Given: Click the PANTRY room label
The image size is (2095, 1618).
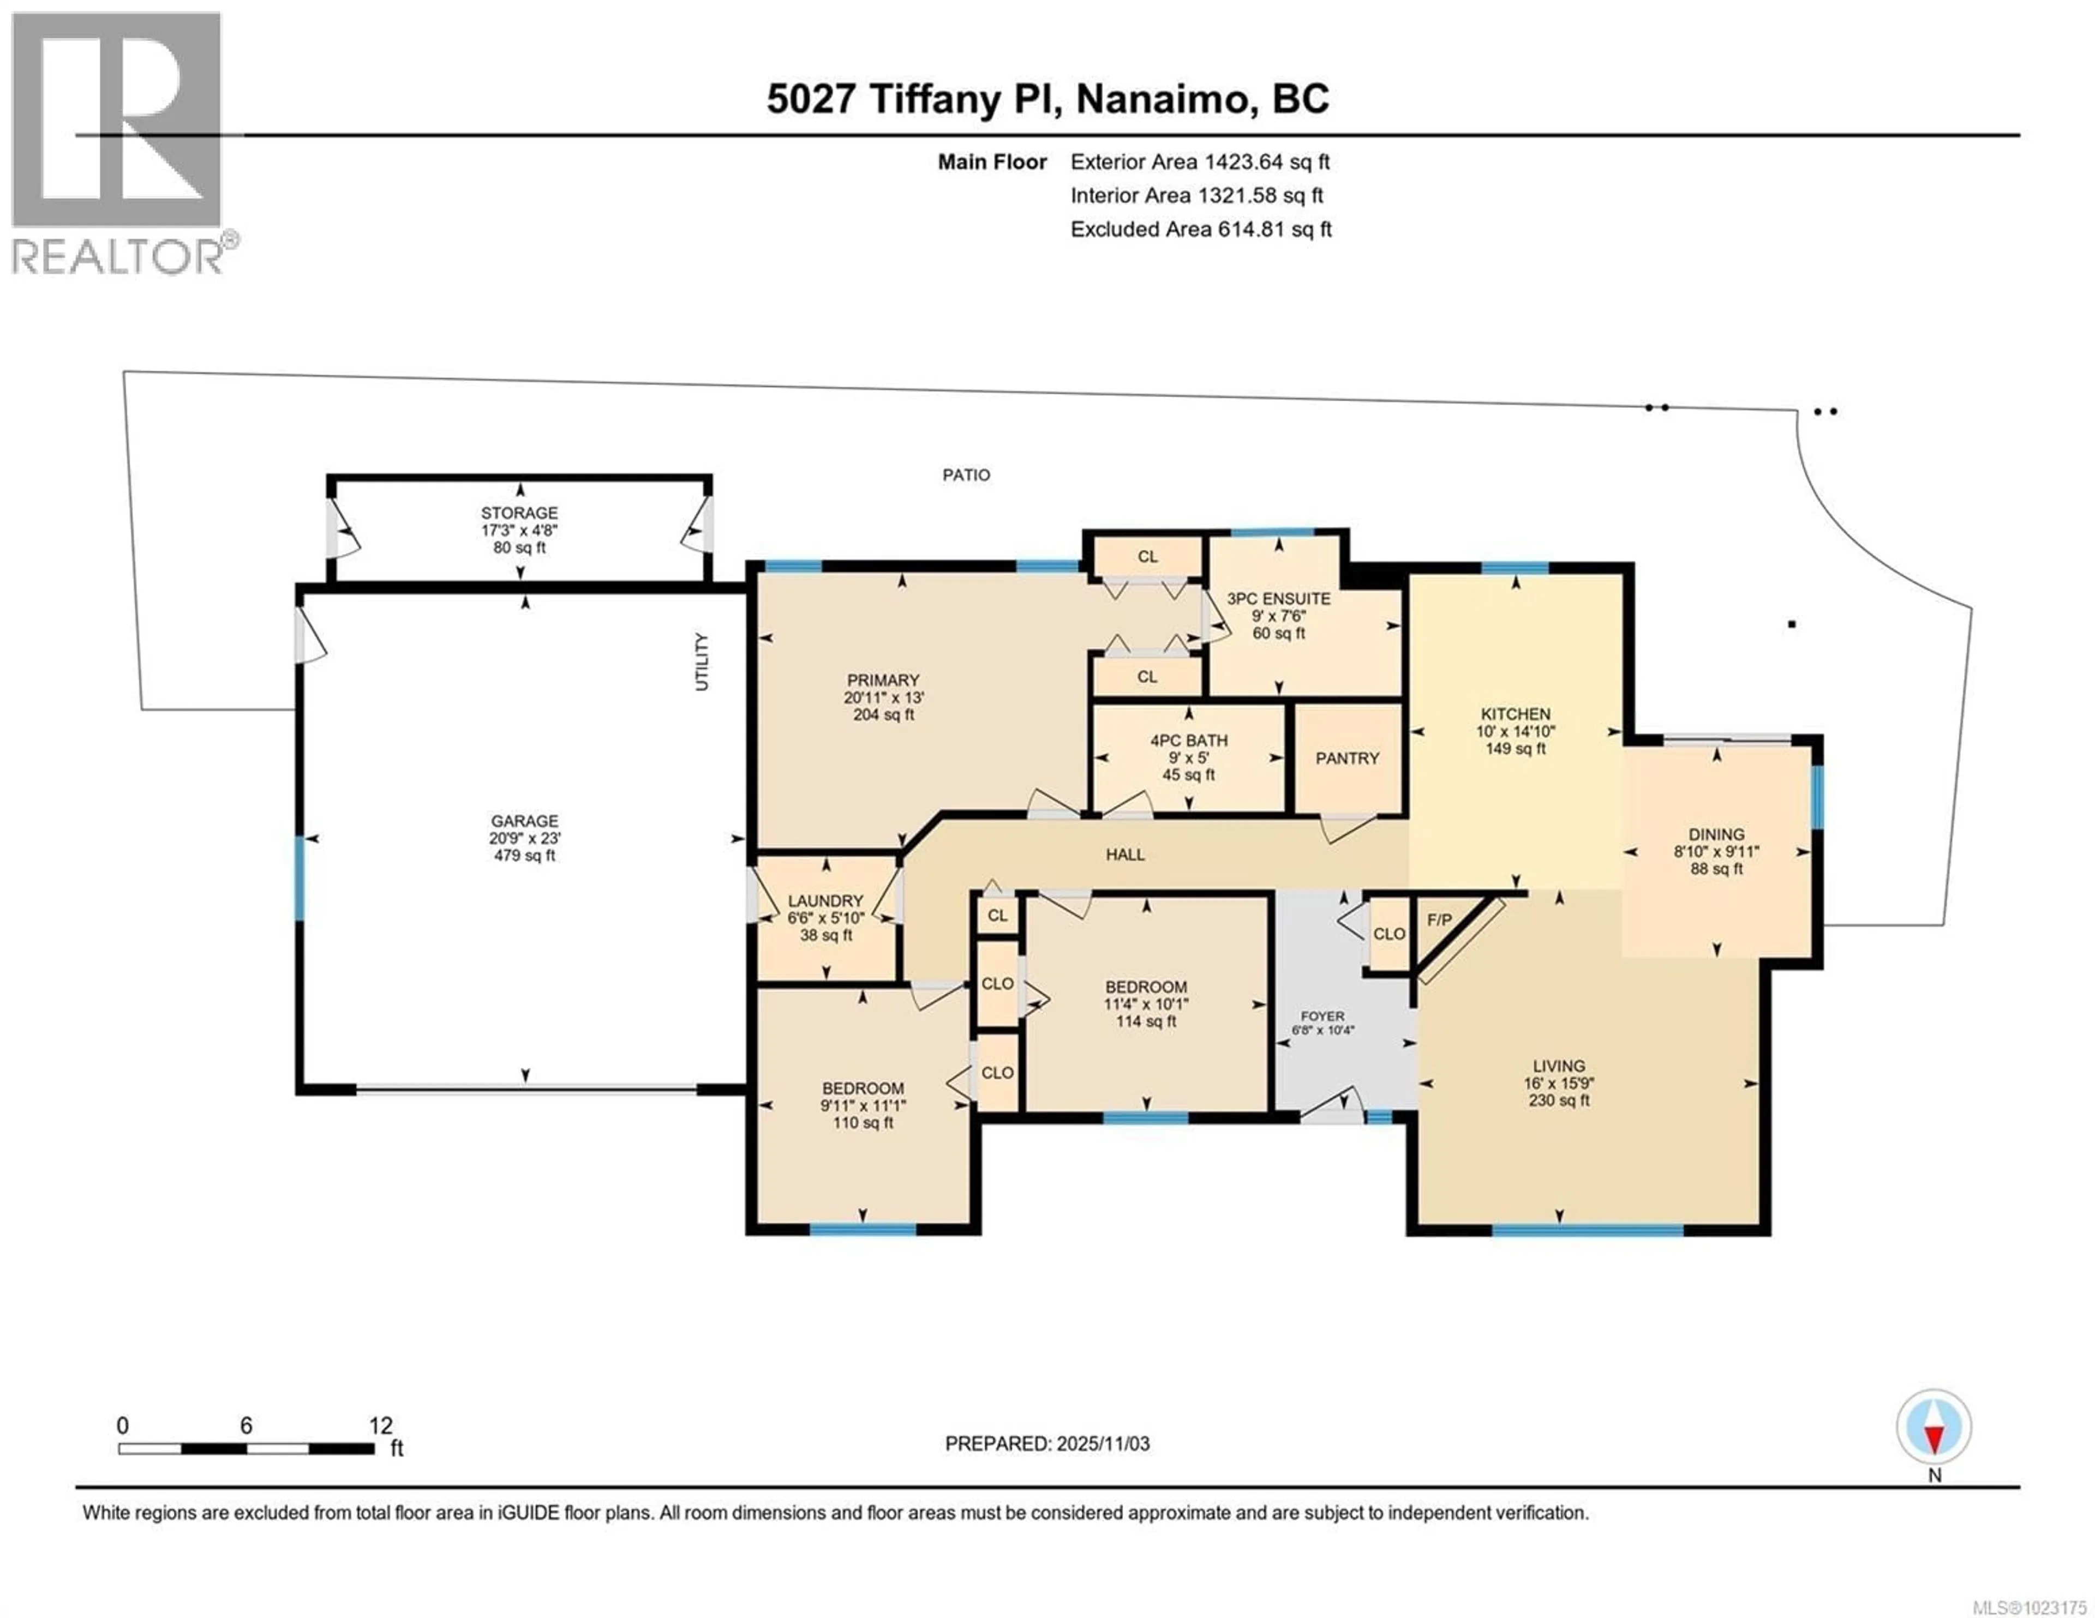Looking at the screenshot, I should [1347, 757].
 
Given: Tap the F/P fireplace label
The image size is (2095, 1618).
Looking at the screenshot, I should [1439, 920].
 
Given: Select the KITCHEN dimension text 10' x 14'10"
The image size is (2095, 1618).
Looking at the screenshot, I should [1516, 731].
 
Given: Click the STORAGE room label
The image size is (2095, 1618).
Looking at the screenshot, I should [519, 513].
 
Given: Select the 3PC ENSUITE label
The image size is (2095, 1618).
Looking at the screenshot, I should [1279, 598].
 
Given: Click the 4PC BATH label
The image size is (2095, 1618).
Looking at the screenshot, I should [1188, 741].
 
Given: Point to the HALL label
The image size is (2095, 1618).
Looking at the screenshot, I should [1124, 855].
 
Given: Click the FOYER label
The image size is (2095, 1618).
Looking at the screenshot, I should [1322, 1016].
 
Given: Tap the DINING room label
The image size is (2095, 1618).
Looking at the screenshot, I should [1716, 834].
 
